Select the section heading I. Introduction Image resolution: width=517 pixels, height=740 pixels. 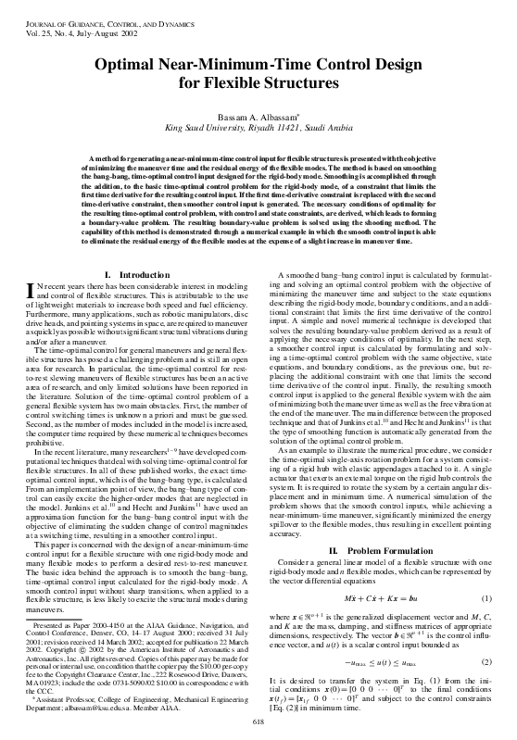[x=135, y=223]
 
